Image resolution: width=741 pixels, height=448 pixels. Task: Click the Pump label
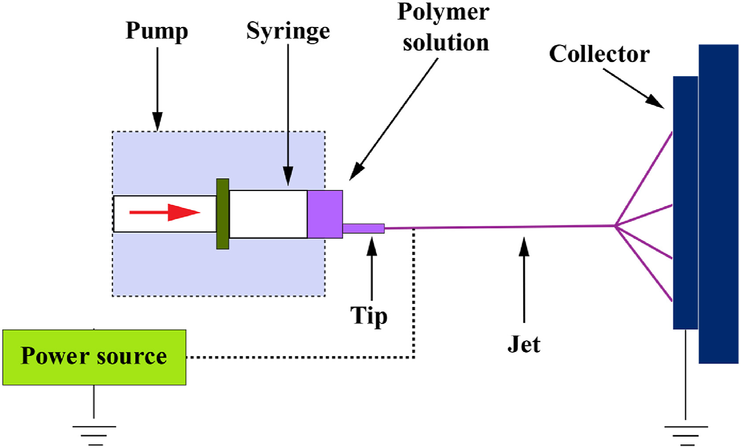coord(157,31)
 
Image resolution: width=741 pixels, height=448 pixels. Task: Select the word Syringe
coord(288,31)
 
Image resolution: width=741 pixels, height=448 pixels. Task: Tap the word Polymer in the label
coord(443,12)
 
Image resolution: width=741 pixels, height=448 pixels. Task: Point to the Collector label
coord(599,54)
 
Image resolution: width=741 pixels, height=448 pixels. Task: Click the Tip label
coord(369,316)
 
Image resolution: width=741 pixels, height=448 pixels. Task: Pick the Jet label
coord(524,344)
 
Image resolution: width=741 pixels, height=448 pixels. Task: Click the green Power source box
coord(94,357)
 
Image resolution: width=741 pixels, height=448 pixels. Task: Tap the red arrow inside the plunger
coord(165,212)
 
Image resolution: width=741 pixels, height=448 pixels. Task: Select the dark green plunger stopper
coord(222,214)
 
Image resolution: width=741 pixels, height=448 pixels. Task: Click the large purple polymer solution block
coord(325,214)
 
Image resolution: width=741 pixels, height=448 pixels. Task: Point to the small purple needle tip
coord(363,228)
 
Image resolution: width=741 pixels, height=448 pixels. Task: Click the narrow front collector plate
coord(685,202)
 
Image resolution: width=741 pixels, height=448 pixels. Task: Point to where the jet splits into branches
coord(615,226)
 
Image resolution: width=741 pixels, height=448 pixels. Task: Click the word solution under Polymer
coord(446,43)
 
